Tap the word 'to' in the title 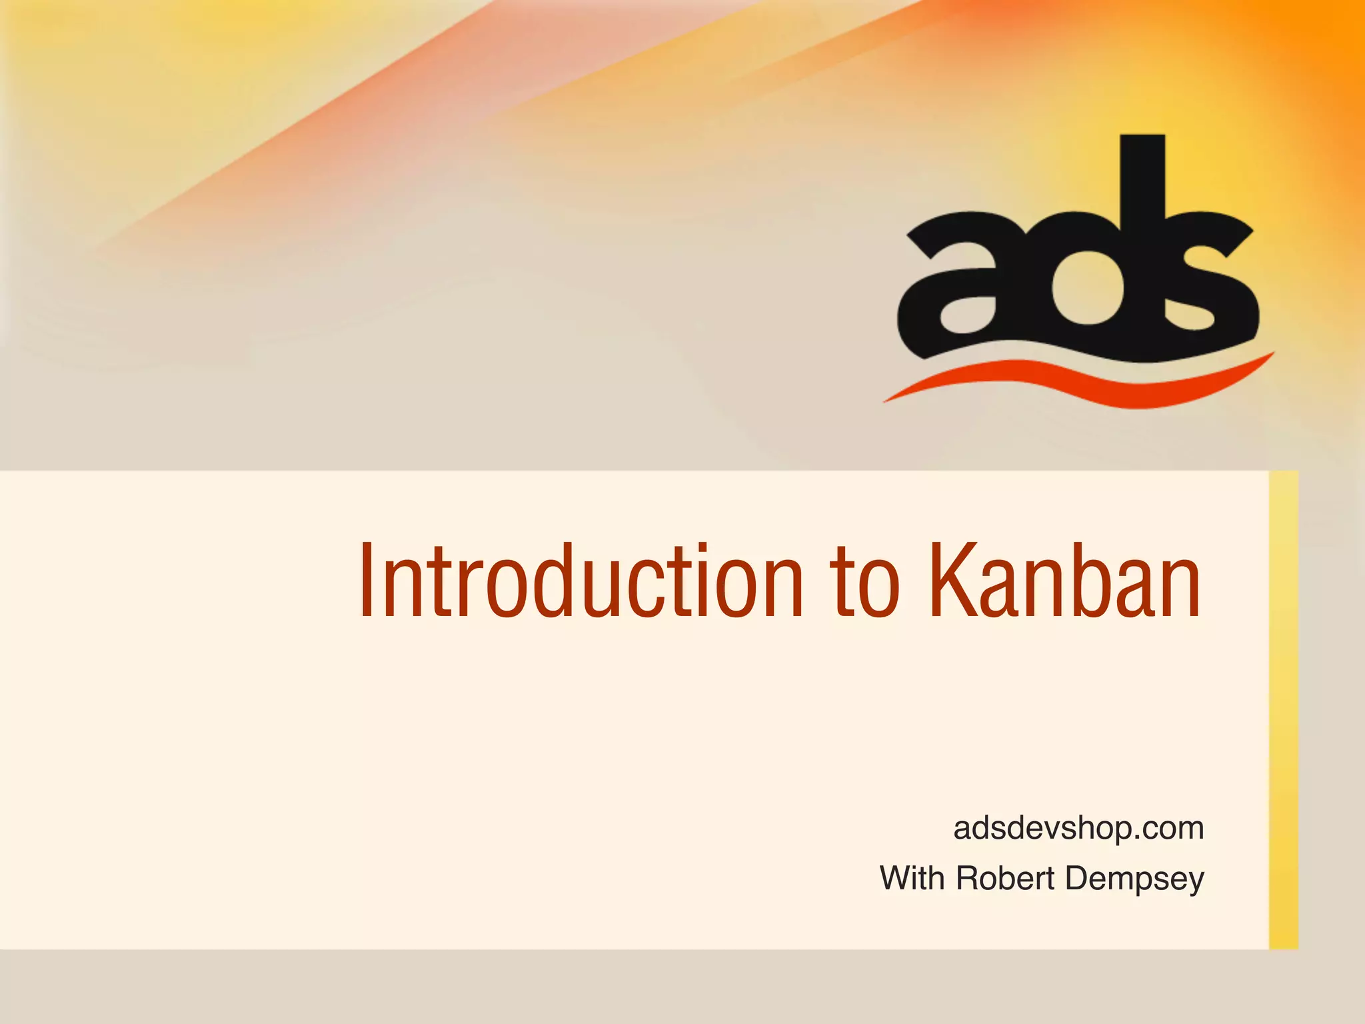(x=864, y=583)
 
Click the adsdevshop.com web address (x=1078, y=829)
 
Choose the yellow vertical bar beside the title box (x=1283, y=709)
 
